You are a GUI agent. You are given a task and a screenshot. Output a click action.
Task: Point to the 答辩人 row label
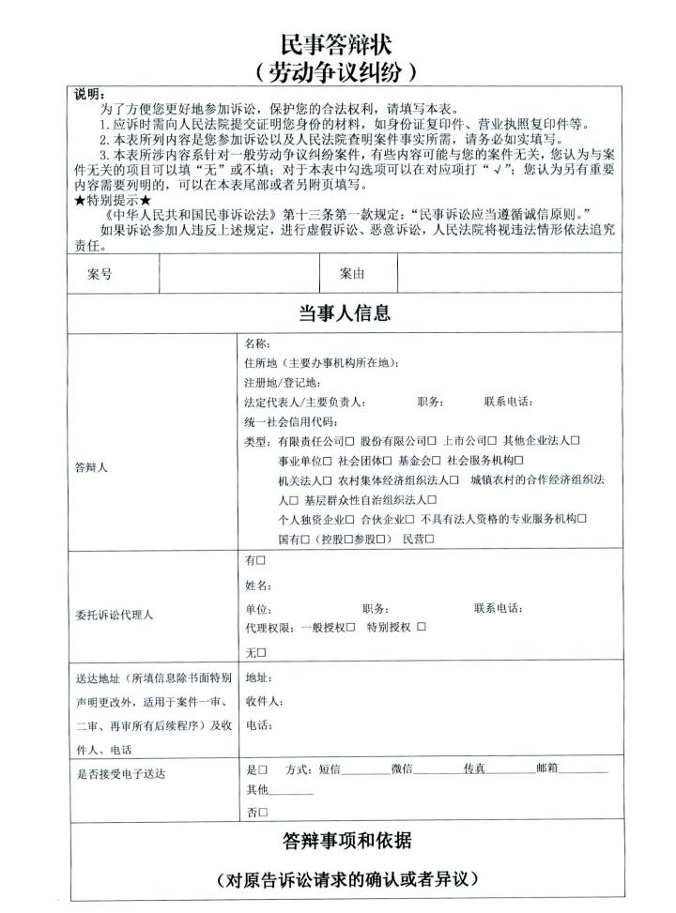click(x=91, y=467)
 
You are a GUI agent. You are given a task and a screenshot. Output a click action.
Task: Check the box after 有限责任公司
click(x=349, y=441)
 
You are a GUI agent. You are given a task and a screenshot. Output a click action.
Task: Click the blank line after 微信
click(x=438, y=769)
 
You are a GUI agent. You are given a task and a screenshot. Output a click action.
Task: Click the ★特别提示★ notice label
click(x=113, y=200)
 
